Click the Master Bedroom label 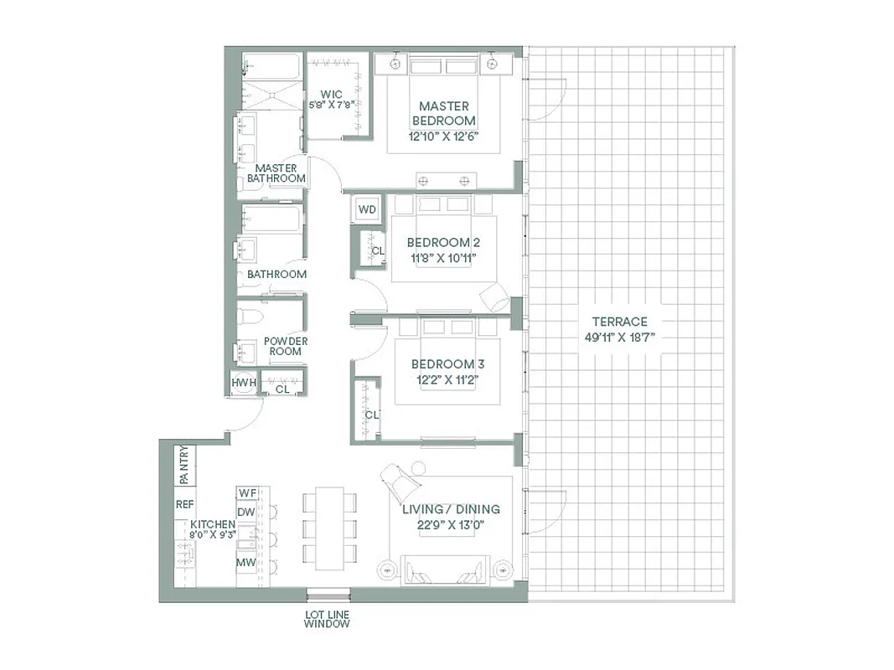(443, 114)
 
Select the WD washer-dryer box (367, 209)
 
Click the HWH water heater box (243, 384)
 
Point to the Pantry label (183, 465)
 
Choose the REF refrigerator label (184, 505)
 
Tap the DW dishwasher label (246, 512)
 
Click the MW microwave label (245, 562)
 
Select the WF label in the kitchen (246, 492)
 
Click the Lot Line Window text (327, 620)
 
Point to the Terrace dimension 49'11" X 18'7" (619, 337)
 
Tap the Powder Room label (286, 346)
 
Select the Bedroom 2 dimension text (442, 258)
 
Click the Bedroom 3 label (442, 364)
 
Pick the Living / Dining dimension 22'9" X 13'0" (451, 525)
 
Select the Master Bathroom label (276, 173)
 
